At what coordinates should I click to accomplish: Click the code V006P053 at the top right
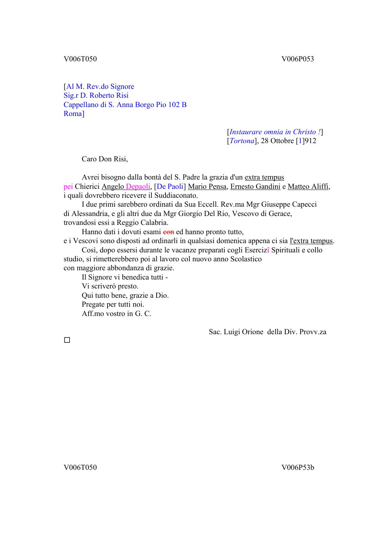298,59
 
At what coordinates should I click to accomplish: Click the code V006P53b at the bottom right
298,468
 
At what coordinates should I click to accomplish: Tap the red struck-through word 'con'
169,232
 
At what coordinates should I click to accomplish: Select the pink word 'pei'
68,187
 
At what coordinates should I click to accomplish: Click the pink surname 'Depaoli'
138,187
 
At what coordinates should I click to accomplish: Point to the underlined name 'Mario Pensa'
207,187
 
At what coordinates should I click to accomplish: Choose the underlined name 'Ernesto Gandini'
255,187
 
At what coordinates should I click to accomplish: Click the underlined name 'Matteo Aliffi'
308,187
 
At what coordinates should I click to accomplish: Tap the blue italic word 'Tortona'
242,141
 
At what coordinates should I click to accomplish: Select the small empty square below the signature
67,340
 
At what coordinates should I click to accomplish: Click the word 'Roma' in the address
73,114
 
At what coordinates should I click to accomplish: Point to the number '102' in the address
174,105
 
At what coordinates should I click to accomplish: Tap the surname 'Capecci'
304,204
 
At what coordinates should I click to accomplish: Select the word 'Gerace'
280,214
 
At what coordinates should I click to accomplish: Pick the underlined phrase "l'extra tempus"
311,241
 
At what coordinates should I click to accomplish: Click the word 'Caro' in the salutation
89,159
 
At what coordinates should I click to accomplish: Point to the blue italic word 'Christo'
305,132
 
